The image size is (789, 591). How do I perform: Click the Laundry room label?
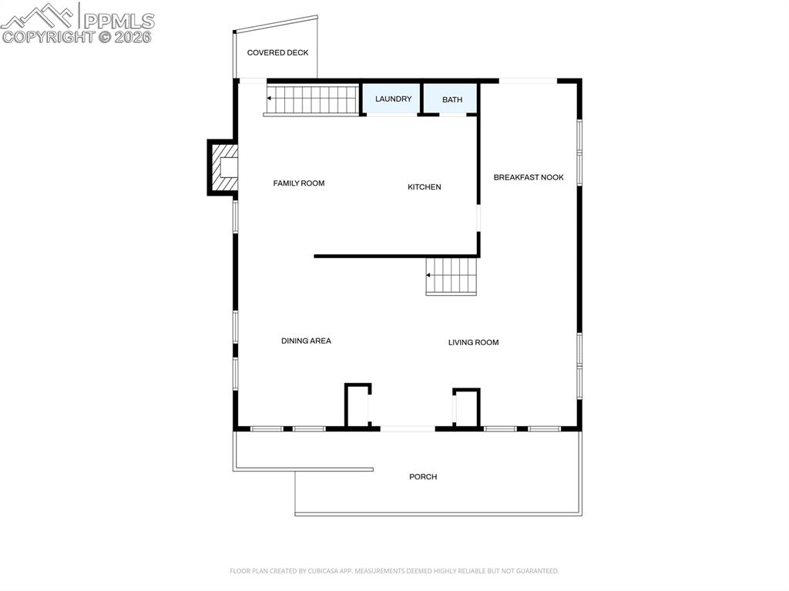tap(393, 99)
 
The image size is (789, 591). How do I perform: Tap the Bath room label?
tap(452, 100)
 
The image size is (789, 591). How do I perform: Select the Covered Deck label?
tap(277, 53)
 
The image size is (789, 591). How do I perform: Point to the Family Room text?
tap(299, 183)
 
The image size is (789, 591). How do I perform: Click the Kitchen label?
tap(425, 187)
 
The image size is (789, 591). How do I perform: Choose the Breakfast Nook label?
tap(529, 177)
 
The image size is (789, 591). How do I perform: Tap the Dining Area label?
tap(306, 341)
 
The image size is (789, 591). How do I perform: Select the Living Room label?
tap(474, 342)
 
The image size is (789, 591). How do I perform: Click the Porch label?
tap(423, 477)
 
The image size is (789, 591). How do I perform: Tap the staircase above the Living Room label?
tap(452, 275)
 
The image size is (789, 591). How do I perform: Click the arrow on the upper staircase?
tap(270, 99)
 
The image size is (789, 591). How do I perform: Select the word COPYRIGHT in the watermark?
tap(49, 36)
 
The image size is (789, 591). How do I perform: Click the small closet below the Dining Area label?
tap(358, 405)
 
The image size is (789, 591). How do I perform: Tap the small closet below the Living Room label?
tap(466, 408)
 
